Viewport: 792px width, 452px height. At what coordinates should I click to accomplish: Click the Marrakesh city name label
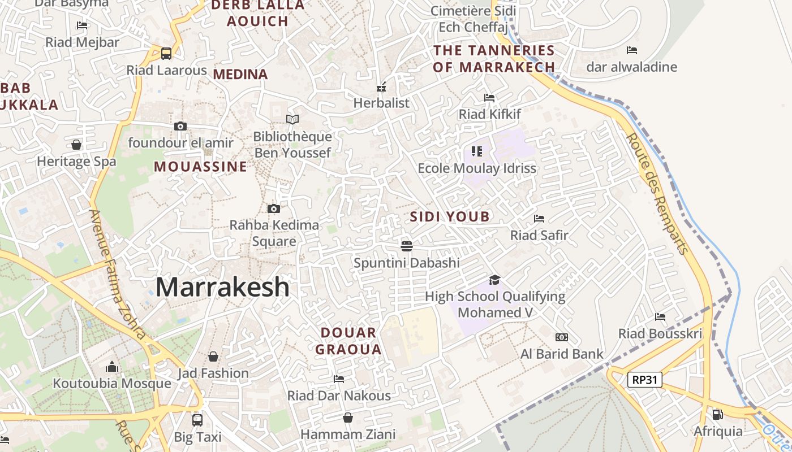click(222, 287)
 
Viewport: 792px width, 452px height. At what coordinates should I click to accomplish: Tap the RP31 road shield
click(645, 380)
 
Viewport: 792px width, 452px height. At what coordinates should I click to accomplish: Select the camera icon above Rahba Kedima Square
click(274, 209)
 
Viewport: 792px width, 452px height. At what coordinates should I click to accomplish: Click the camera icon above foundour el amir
click(180, 126)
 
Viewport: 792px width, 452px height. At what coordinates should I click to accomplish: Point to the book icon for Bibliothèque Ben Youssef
click(292, 119)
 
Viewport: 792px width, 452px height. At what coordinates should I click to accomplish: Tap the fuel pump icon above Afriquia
click(717, 414)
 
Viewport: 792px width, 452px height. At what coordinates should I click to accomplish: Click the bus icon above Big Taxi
click(197, 420)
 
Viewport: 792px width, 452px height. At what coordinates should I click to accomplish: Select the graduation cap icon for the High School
click(495, 280)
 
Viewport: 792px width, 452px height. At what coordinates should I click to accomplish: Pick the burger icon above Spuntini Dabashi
click(406, 246)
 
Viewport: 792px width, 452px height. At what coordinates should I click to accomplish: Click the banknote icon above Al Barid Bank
click(561, 337)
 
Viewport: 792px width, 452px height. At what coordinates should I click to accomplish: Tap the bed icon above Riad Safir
click(539, 218)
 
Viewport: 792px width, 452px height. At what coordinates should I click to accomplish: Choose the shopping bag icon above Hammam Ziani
click(348, 418)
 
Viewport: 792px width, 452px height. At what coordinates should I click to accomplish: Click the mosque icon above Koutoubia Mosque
click(112, 367)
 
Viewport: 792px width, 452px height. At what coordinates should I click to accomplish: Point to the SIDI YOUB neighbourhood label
click(450, 216)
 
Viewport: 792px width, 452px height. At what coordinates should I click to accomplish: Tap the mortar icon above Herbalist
click(381, 87)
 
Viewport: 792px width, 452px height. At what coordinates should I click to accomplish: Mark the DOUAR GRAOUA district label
click(348, 341)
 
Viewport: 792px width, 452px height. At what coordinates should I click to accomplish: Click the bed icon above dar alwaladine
click(632, 50)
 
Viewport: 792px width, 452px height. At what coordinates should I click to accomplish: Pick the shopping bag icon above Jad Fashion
click(213, 357)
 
